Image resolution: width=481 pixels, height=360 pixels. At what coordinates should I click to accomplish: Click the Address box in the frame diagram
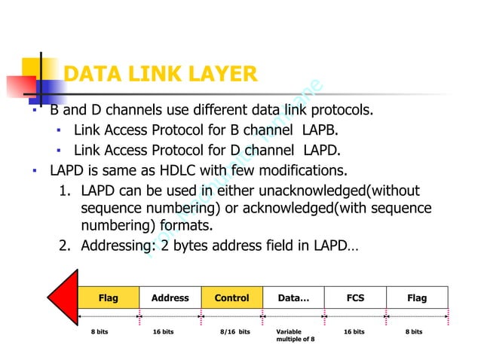click(170, 298)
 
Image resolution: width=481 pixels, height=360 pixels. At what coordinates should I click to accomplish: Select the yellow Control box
click(231, 298)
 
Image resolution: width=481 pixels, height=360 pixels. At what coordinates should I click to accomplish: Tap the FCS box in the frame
click(355, 298)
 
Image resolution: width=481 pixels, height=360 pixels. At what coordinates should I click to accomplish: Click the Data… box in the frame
click(293, 298)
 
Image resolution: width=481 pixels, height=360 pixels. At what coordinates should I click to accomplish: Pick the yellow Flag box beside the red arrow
click(109, 298)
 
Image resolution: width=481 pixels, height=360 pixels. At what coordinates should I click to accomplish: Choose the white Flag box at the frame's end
click(417, 298)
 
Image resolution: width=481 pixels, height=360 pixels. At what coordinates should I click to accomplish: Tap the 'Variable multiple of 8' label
click(296, 335)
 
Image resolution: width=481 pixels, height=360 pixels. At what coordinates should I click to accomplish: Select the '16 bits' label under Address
click(163, 331)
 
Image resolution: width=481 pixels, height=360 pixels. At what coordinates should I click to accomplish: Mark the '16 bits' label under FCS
click(354, 331)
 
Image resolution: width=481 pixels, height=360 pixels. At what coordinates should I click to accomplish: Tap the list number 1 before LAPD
click(65, 190)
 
